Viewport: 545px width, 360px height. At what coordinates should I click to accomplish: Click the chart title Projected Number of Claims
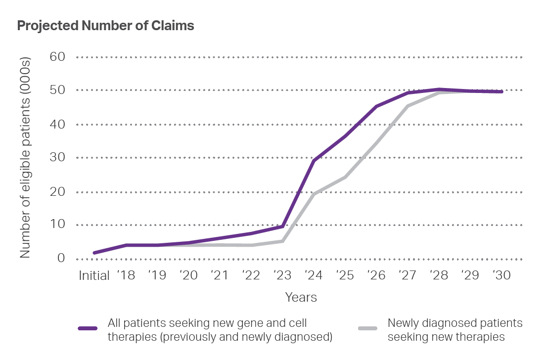tap(105, 26)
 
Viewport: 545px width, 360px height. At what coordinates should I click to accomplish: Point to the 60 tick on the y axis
tap(58, 57)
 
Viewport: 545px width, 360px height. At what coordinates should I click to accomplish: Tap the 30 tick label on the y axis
tap(58, 158)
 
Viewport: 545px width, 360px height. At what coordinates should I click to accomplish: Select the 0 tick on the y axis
tap(61, 258)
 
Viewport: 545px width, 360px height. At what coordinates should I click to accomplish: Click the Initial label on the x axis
tap(94, 276)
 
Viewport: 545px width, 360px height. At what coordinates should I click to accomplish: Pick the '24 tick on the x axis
tap(313, 276)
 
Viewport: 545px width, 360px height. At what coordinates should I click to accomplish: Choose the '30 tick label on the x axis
tap(501, 276)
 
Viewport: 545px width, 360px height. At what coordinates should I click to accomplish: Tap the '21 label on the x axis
tap(219, 276)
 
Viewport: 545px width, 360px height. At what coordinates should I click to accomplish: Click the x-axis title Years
tap(301, 298)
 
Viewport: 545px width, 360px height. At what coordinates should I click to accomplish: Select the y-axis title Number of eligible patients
tap(25, 158)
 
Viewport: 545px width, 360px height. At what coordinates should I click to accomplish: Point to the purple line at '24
tap(314, 161)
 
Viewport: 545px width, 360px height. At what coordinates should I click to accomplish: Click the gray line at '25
tap(345, 177)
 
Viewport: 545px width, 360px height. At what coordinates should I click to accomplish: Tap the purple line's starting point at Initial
tap(94, 253)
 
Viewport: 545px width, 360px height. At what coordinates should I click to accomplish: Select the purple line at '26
tap(376, 106)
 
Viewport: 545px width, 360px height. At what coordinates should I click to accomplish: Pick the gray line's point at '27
tap(408, 106)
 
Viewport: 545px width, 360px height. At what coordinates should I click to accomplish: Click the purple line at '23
tap(282, 226)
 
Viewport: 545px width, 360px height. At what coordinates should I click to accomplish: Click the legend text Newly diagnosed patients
tap(455, 323)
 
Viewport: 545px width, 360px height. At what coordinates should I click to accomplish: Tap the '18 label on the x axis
tap(126, 276)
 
